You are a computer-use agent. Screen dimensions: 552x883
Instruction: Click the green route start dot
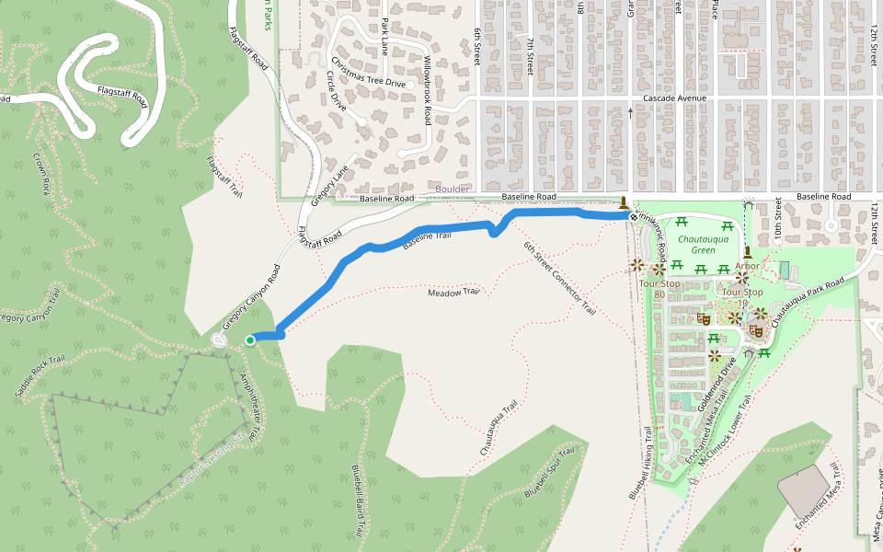249,340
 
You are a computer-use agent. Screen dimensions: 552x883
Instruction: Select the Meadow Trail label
454,293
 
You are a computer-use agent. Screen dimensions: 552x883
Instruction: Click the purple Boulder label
452,189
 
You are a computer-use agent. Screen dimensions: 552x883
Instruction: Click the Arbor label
747,266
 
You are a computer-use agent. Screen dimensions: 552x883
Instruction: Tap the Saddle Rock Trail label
40,376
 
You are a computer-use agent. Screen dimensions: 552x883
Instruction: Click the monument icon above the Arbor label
747,251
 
